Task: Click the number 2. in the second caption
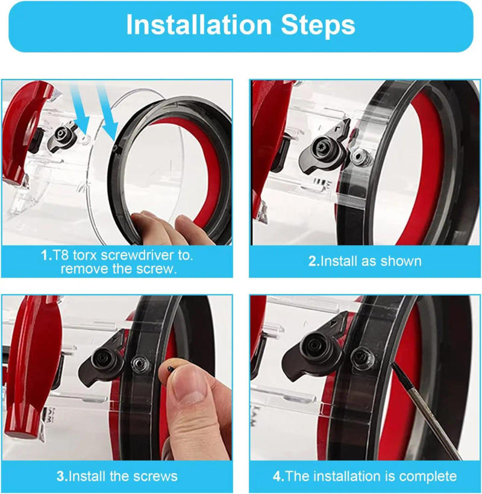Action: coord(313,261)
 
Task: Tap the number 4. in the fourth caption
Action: coord(278,477)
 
